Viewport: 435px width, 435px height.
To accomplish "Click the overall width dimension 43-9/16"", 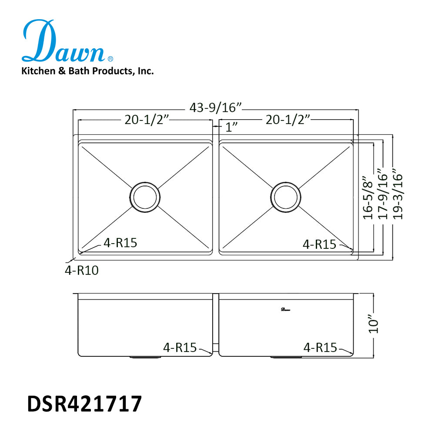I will pyautogui.click(x=215, y=107).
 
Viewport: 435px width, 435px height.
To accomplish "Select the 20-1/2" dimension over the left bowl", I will pyautogui.click(x=146, y=120).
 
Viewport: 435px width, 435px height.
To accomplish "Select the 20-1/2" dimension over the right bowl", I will pyautogui.click(x=288, y=120).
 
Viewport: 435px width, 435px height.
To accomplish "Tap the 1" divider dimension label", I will pyautogui.click(x=232, y=128).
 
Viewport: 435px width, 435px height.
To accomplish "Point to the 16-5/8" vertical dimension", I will pyautogui.click(x=368, y=197).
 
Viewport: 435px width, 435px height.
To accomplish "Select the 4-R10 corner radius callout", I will pyautogui.click(x=82, y=271).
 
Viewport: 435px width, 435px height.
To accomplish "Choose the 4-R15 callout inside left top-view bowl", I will pyautogui.click(x=120, y=243).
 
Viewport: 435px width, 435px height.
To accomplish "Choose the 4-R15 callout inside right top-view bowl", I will pyautogui.click(x=319, y=244).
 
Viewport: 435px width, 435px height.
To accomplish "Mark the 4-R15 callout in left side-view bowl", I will pyautogui.click(x=180, y=348).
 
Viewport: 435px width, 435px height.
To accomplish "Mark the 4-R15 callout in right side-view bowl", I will pyautogui.click(x=320, y=348).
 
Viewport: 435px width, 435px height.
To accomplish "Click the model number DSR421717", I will pyautogui.click(x=84, y=404).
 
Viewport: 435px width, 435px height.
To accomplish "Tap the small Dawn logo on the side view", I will pyautogui.click(x=285, y=310).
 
